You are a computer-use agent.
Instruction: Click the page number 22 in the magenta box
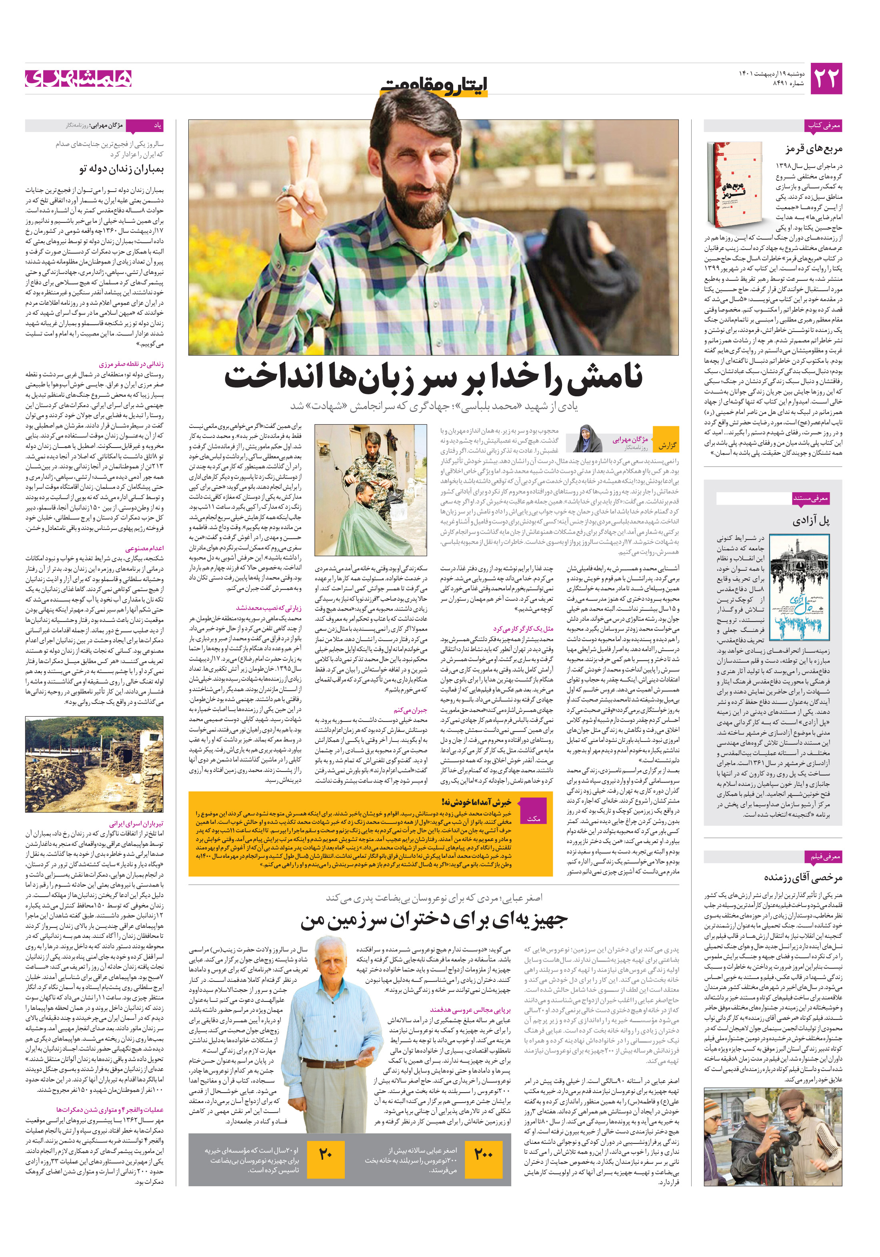[x=825, y=79]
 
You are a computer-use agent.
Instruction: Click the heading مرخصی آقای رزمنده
[x=803, y=877]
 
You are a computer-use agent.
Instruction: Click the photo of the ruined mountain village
[x=94, y=765]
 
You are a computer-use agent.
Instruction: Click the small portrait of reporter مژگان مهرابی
[x=588, y=438]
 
